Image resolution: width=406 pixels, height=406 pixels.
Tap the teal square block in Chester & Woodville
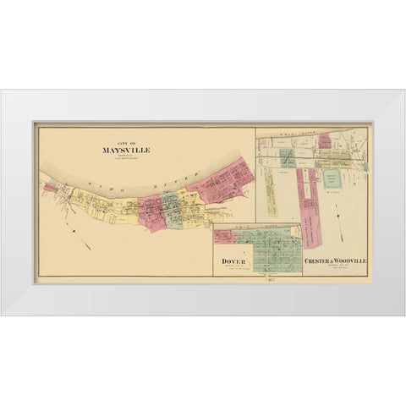[331, 178]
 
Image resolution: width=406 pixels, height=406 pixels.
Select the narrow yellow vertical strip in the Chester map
[272, 189]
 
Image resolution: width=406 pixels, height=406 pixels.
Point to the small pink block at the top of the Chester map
[324, 140]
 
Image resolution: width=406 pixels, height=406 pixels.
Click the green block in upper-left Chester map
[288, 157]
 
